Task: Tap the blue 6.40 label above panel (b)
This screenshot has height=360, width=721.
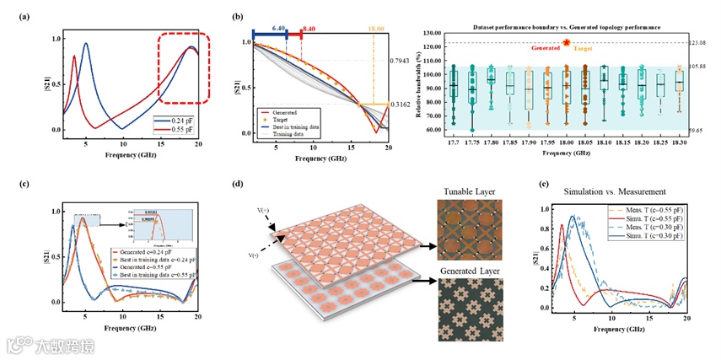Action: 278,27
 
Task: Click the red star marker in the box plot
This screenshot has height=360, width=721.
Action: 567,42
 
